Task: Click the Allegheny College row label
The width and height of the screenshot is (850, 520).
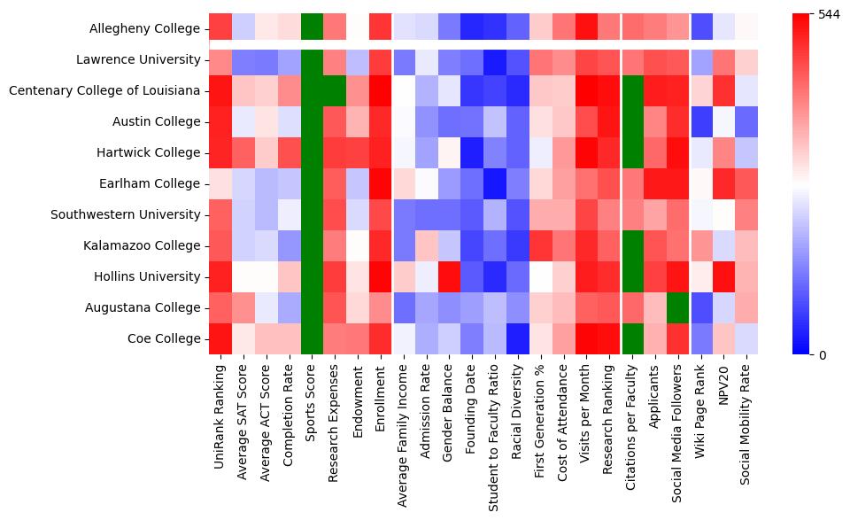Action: [145, 28]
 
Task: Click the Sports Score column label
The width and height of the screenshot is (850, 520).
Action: [312, 398]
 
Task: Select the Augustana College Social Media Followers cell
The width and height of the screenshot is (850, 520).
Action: [680, 307]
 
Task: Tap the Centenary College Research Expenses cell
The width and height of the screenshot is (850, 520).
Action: [335, 90]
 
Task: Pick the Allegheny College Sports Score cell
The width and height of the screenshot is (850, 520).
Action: [312, 28]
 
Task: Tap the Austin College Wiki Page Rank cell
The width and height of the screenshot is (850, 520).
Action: [703, 121]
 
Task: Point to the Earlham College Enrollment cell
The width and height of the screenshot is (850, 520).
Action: [381, 183]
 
